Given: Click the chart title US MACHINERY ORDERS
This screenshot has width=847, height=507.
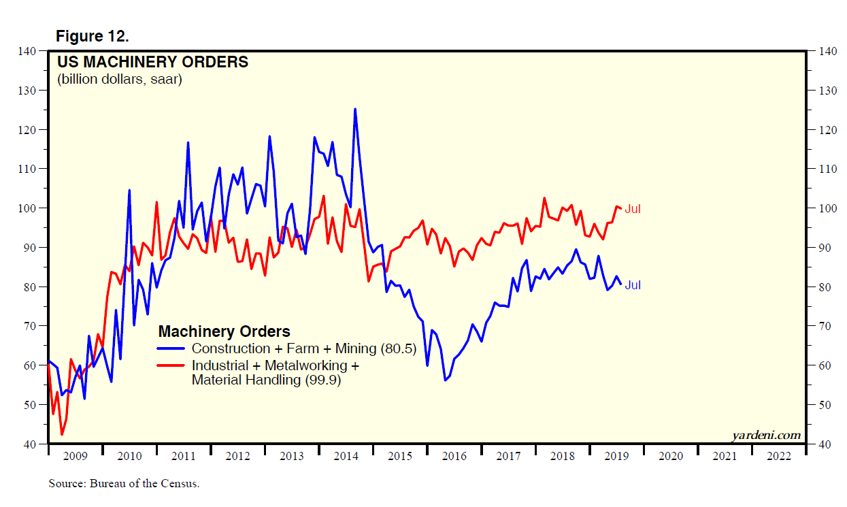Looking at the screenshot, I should click(152, 63).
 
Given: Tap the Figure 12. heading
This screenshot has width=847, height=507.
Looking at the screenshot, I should click(92, 35).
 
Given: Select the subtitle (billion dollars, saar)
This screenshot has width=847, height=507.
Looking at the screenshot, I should click(119, 80).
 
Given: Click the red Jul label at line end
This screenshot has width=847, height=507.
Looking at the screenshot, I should click(633, 210).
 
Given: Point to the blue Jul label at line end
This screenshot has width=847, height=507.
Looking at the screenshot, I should click(633, 286).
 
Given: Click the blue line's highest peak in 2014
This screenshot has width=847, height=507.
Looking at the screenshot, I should click(355, 109).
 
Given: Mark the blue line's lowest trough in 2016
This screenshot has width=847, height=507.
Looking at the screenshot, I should click(446, 380).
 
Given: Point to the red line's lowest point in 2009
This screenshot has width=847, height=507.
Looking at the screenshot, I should click(62, 434).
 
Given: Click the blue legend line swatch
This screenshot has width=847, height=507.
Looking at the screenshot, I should click(171, 348).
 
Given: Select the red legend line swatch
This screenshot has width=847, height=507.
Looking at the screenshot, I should click(171, 365).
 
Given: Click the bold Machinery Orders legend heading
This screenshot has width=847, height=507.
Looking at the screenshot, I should click(224, 331).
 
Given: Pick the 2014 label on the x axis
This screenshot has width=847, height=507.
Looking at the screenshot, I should click(346, 457).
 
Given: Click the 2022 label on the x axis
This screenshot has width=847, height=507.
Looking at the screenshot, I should click(778, 457).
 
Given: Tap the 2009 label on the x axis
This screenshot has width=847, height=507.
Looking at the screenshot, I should click(76, 457).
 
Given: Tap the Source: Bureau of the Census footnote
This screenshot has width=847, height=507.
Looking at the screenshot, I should click(124, 485).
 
